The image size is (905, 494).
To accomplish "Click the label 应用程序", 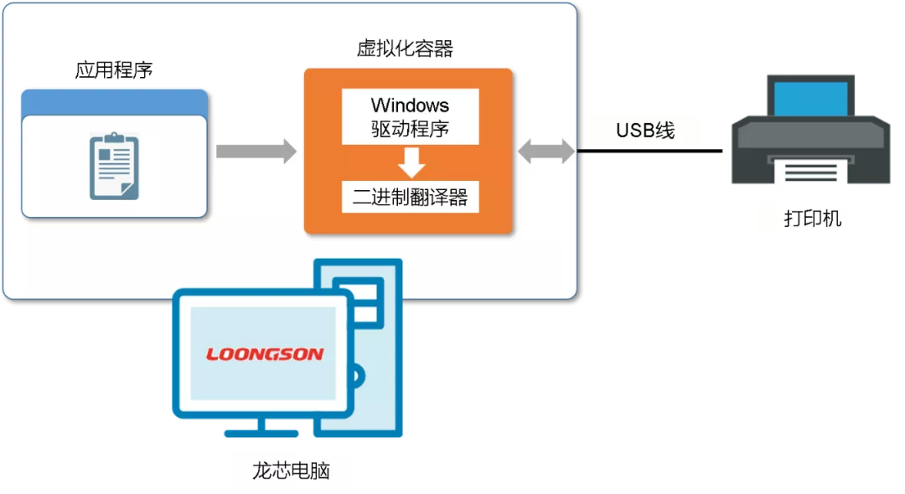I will coord(114,69).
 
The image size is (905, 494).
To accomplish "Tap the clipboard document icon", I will coord(114,166).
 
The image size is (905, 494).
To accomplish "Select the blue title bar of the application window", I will coord(114,101).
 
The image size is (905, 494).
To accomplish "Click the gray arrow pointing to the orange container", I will coord(256,152).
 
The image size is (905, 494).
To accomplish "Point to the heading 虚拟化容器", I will coord(405,49).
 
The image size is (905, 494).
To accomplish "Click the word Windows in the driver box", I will coord(410,105).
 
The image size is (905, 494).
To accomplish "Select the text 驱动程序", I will coord(410,130).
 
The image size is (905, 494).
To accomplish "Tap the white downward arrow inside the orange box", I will coord(411,162).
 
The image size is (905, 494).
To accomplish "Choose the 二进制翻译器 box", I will coord(410,198).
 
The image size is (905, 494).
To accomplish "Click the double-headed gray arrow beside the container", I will coord(547,152).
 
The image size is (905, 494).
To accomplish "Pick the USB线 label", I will coord(644,131).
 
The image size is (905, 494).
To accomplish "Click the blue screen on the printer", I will coord(810,98).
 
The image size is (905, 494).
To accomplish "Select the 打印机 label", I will coord(812,219).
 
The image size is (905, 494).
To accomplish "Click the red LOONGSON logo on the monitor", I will coord(265,354).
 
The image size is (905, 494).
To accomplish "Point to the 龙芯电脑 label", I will coord(291,471).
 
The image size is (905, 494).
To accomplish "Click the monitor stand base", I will coord(261,432).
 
